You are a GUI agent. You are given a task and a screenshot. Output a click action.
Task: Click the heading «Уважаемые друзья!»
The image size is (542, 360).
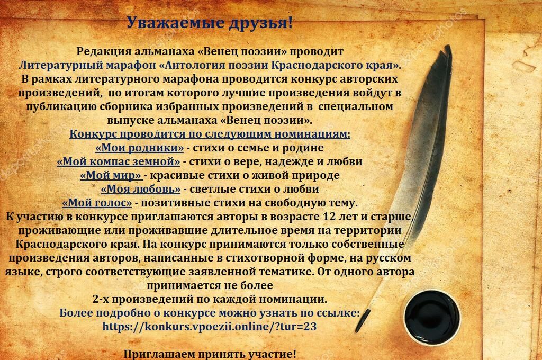coord(210,23)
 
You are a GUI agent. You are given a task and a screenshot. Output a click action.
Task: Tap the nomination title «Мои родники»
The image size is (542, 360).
coord(139,148)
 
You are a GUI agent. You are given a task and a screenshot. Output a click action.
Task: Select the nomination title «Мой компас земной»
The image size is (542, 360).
coord(118,161)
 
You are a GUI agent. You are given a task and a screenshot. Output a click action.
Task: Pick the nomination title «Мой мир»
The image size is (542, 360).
coord(111,175)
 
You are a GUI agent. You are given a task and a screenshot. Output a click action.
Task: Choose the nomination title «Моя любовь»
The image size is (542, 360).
coord(140,189)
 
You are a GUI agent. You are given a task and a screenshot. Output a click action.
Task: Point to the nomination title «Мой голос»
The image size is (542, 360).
coord(97,203)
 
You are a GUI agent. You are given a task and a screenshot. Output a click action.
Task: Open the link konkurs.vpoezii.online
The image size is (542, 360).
coord(210,327)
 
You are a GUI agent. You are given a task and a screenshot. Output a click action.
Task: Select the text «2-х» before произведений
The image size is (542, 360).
coord(101,299)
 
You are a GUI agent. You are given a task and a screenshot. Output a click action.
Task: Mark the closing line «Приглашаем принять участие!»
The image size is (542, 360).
coord(210,354)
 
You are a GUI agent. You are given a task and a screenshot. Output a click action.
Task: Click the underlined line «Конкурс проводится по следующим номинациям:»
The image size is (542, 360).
coord(210,134)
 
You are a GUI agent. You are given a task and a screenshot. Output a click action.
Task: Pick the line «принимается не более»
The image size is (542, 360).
coord(210,286)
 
